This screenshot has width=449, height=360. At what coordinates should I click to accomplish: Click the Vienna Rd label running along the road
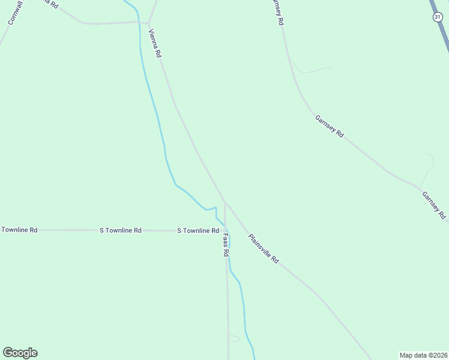155,43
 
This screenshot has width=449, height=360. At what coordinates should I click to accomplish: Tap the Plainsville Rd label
264,248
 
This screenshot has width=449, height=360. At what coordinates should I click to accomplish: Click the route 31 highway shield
437,17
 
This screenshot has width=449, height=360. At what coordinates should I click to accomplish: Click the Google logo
20,353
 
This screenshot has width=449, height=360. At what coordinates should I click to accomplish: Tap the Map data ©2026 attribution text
424,355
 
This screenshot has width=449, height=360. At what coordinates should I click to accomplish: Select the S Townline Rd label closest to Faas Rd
197,230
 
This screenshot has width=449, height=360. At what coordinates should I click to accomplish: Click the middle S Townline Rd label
121,230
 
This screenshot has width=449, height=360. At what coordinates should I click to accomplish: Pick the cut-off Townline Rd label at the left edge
19,230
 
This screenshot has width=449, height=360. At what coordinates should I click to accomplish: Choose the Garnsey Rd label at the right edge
433,205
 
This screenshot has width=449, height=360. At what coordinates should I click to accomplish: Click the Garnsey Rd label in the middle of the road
329,127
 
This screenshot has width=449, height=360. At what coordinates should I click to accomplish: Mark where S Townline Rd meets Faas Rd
226,230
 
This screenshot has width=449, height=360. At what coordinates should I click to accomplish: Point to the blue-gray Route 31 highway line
442,27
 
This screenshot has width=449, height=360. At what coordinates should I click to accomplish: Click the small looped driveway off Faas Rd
234,339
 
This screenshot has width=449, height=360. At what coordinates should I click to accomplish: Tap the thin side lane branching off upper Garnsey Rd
312,70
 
